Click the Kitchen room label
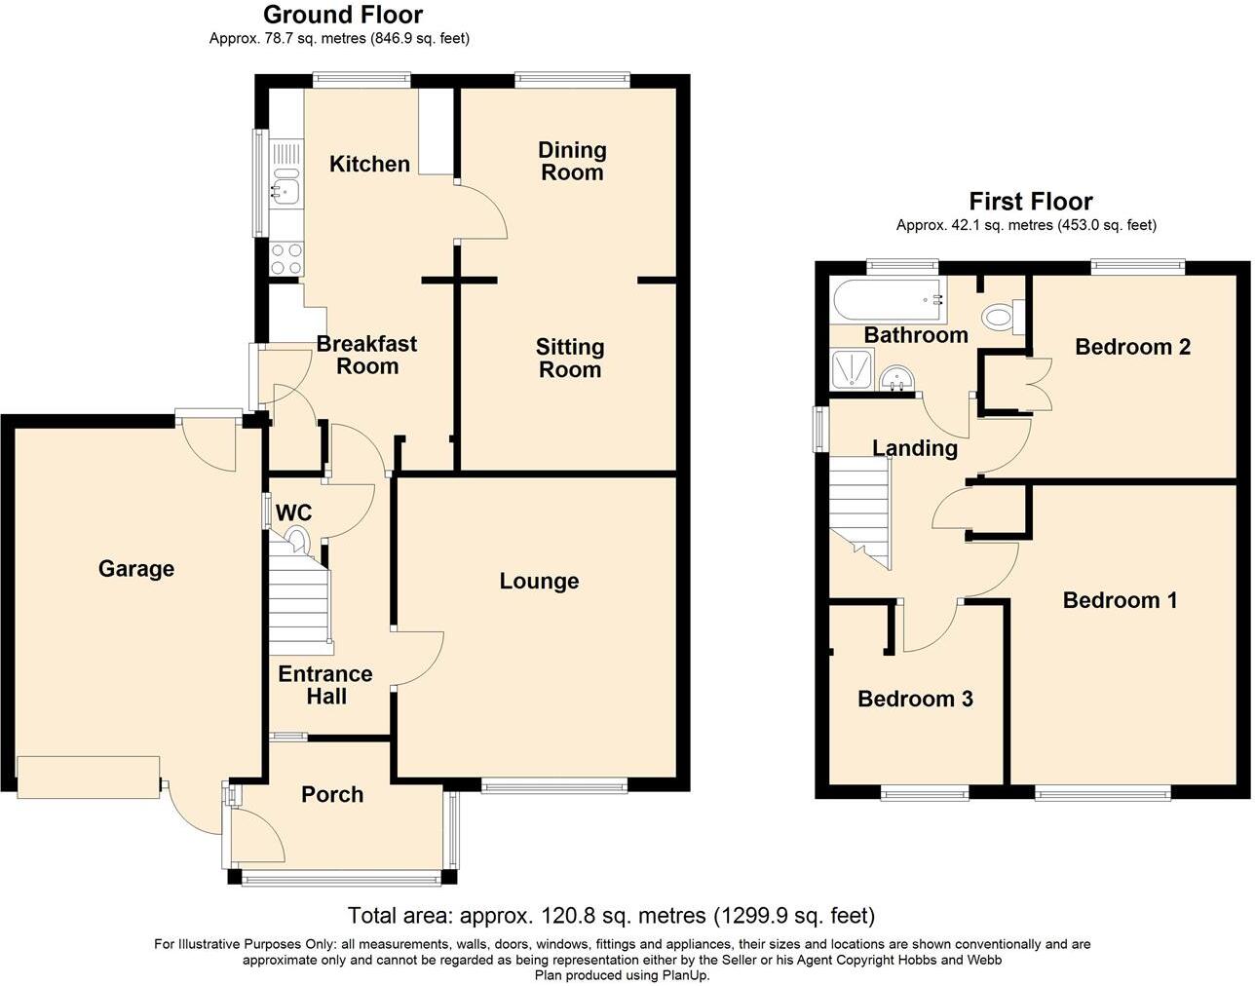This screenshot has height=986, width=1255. [x=369, y=164]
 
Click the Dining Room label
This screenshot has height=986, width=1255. [x=572, y=161]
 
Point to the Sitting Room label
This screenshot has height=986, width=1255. [x=570, y=358]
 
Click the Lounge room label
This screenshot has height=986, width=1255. [x=539, y=581]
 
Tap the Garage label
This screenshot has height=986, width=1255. [x=136, y=568]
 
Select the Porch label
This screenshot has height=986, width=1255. [x=332, y=794]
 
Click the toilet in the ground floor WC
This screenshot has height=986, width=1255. [x=296, y=538]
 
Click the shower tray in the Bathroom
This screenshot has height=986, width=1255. [x=853, y=370]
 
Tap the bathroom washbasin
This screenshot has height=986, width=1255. [x=894, y=379]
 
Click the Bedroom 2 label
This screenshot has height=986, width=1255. [x=1132, y=347]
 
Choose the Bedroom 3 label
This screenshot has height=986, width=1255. [x=915, y=699]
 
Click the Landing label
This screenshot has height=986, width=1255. [x=914, y=448]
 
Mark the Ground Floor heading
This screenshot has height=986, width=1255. [x=343, y=15]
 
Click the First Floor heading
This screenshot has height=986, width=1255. [x=1030, y=202]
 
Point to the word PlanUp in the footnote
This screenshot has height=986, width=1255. [x=686, y=974]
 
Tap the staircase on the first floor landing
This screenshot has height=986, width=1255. [x=861, y=512]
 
